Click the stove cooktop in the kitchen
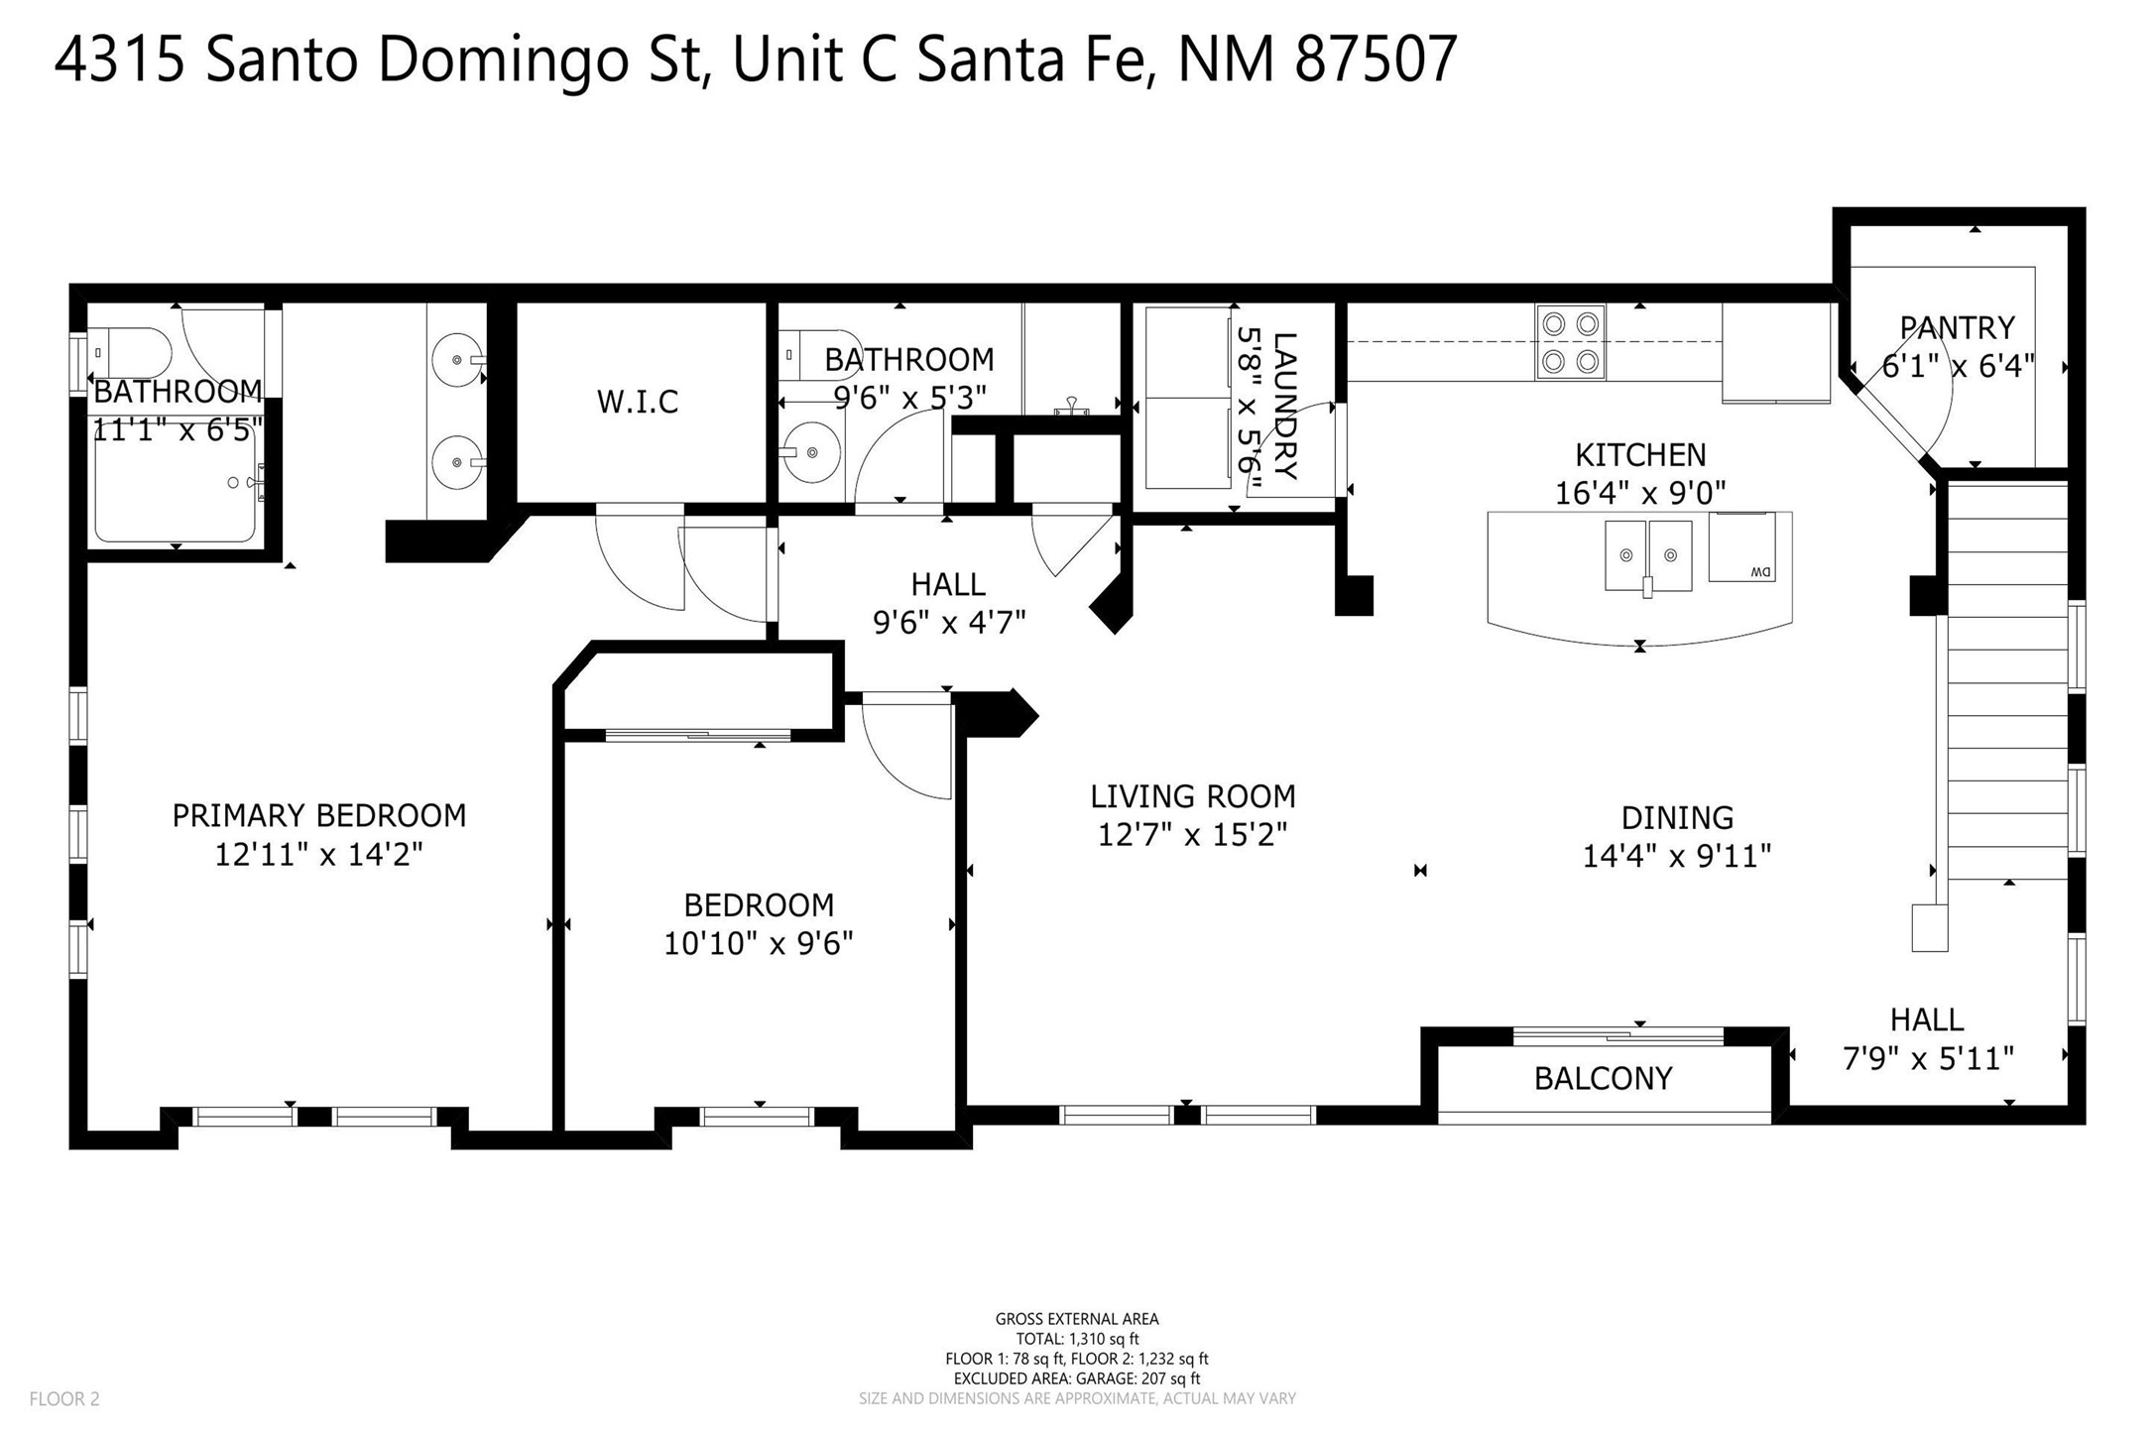click(x=1570, y=342)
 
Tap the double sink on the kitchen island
click(x=1648, y=555)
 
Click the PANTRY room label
click(x=1957, y=327)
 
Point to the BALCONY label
click(x=1603, y=1079)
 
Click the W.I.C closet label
click(x=637, y=402)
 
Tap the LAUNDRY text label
click(x=1284, y=407)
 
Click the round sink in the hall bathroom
click(x=810, y=452)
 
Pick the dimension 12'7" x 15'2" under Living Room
click(x=1192, y=835)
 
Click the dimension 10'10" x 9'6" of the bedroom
click(x=759, y=943)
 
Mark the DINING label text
click(x=1677, y=818)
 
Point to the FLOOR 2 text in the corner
click(x=64, y=1399)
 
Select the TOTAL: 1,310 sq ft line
click(x=1077, y=1339)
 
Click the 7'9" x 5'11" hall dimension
click(x=1928, y=1059)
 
